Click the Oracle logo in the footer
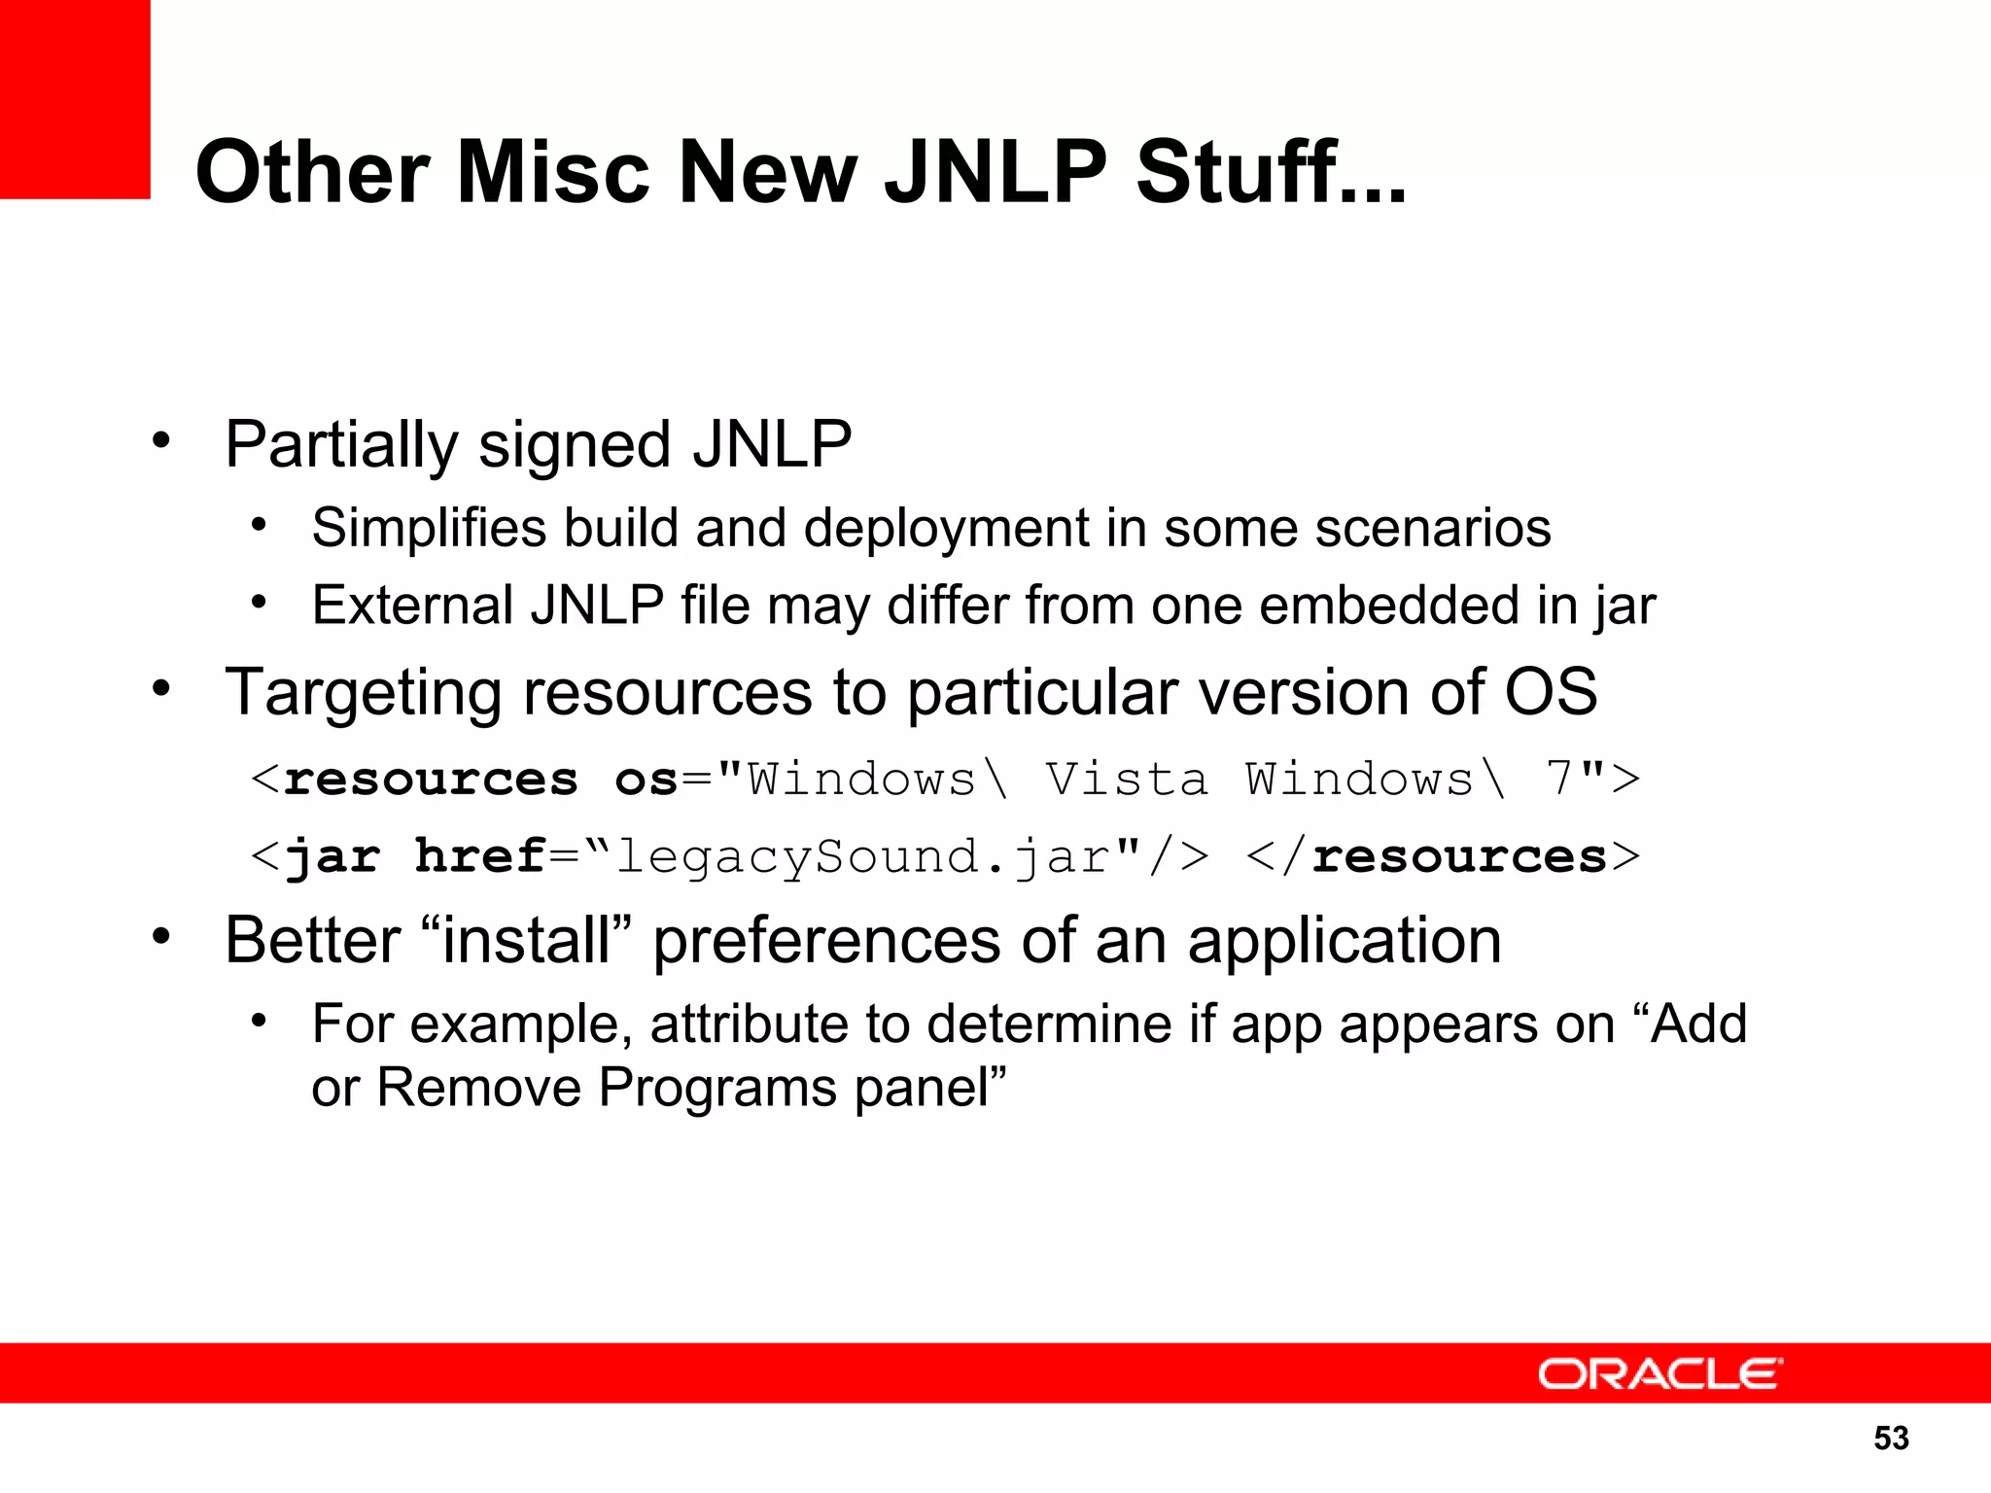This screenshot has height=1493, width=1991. (1659, 1373)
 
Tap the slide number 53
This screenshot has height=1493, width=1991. (1891, 1438)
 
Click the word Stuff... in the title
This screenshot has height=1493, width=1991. (1272, 172)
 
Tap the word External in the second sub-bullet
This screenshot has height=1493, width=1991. (412, 605)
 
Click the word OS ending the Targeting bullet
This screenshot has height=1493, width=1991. (1551, 692)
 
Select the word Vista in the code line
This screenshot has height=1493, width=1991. (1127, 780)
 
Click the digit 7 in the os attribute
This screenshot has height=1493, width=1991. (1558, 779)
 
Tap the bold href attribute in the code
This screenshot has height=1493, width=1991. (480, 856)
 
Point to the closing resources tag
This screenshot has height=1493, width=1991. (1443, 856)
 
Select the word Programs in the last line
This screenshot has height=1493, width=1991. (717, 1087)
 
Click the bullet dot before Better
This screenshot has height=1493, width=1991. (161, 937)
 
